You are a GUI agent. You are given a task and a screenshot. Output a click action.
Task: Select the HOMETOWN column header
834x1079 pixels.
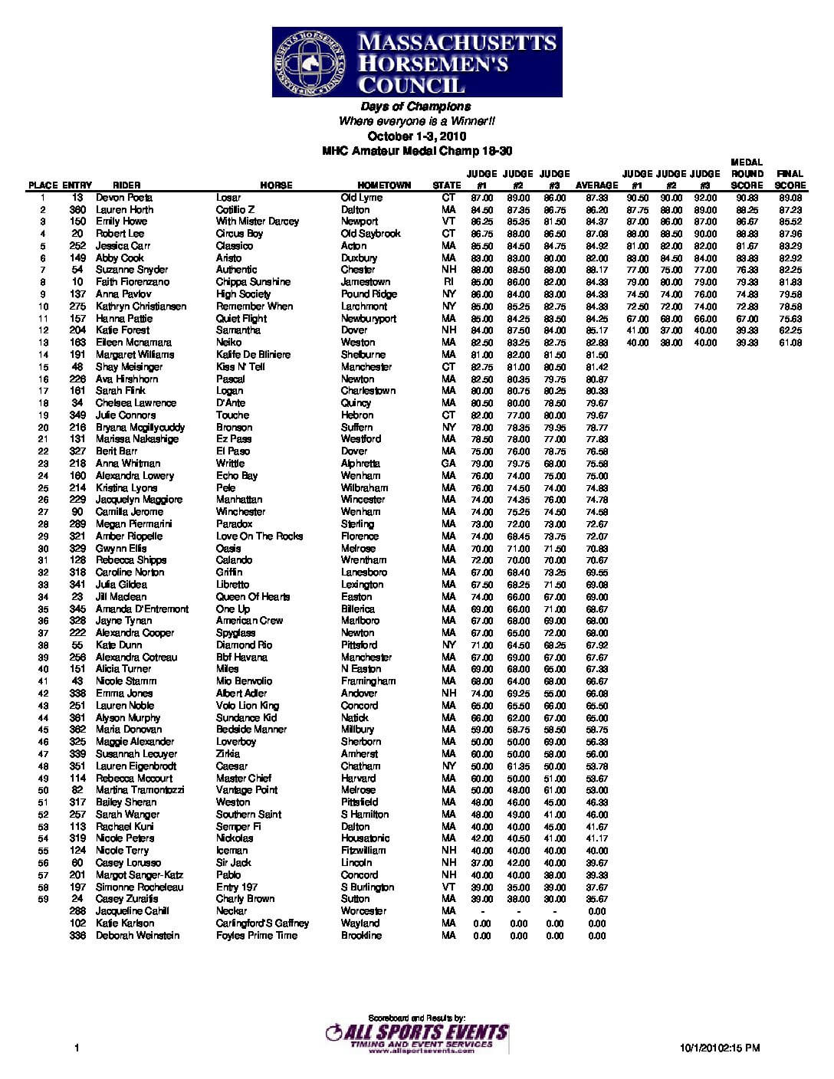pos(384,185)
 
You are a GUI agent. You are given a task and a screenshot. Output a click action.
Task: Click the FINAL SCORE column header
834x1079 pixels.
pos(790,179)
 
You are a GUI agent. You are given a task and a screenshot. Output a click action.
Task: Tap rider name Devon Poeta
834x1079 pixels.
pos(124,198)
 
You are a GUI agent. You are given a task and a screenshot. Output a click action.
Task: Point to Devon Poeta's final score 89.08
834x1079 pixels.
pos(790,198)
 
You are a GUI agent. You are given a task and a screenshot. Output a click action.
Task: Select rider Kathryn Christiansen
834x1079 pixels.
pos(141,307)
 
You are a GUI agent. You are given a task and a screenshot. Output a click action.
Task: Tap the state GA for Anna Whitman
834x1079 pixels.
pos(448,464)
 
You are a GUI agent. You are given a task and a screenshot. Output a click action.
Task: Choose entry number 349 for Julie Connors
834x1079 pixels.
pos(77,415)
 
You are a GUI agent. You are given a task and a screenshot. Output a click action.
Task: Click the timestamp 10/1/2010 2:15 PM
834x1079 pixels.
pos(720,1048)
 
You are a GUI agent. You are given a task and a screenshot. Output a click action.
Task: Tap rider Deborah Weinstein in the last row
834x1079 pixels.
pos(137,936)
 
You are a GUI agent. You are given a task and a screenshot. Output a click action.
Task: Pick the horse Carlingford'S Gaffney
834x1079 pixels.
pos(262,923)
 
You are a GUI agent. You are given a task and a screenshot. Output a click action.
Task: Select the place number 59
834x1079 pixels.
pos(43,899)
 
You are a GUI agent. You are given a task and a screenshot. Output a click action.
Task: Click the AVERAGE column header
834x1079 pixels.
pos(596,185)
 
